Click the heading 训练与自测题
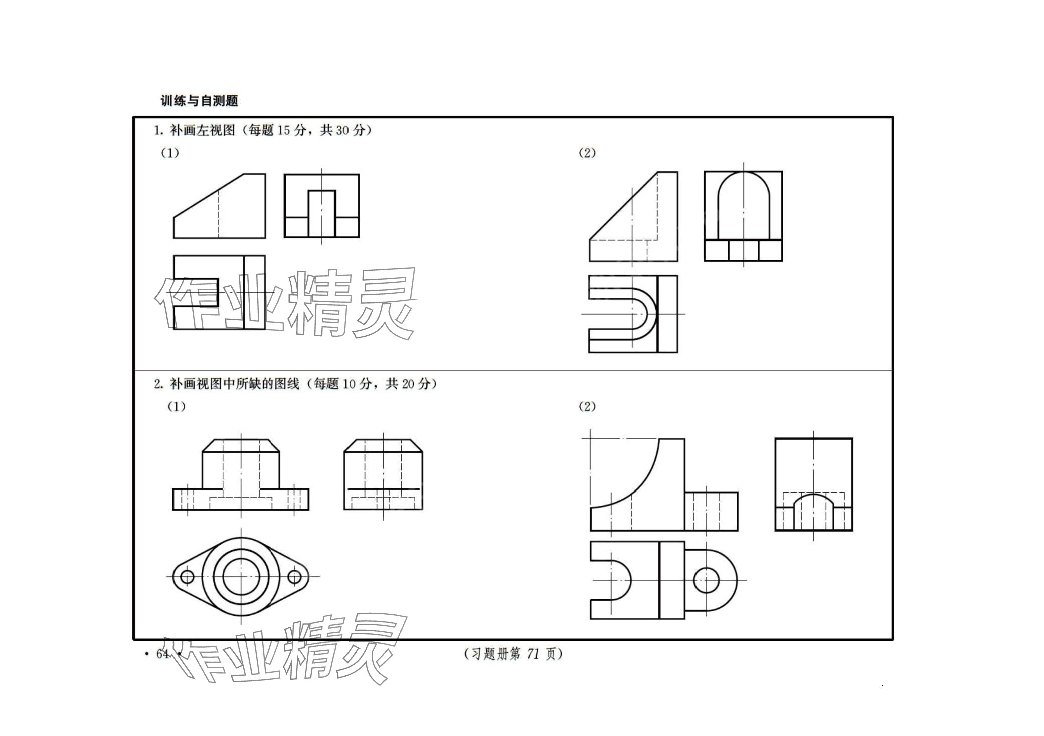pos(199,101)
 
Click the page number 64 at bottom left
pos(162,654)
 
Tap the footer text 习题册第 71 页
pos(513,654)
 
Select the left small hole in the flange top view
pos(187,577)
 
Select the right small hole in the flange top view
pos(295,577)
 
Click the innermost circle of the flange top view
pos(241,577)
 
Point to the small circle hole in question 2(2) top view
pos(706,580)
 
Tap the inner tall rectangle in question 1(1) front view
pos(321,213)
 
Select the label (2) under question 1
pos(587,153)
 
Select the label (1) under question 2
pos(176,406)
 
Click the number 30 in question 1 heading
pos(342,131)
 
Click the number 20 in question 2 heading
pos(408,384)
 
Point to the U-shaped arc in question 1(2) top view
pos(652,314)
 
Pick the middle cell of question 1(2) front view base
pos(744,251)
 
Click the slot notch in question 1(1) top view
pos(196,293)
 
